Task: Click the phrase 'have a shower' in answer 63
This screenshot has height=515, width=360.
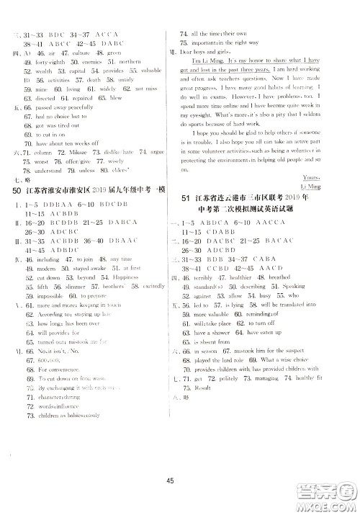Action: tap(210, 332)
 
